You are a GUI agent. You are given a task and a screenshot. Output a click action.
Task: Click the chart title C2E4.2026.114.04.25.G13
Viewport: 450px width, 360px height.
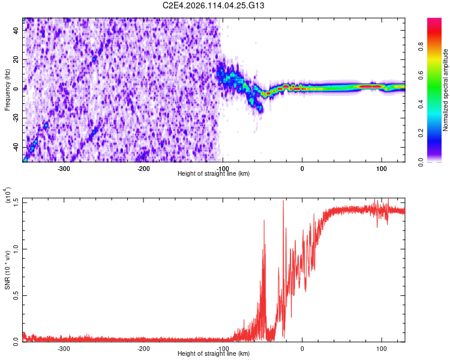pyautogui.click(x=214, y=5)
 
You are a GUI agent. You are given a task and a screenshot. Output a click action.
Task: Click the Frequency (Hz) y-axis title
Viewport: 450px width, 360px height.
pyautogui.click(x=8, y=90)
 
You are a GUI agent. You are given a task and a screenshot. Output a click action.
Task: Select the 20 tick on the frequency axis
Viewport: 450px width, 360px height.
pyautogui.click(x=17, y=59)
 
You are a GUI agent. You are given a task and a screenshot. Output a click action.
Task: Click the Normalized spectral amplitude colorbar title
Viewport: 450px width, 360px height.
pyautogui.click(x=446, y=90)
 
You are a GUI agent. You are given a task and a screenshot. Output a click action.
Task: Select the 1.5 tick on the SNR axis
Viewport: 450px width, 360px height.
pyautogui.click(x=17, y=200)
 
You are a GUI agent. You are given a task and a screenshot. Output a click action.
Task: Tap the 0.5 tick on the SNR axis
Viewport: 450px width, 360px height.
pyautogui.click(x=17, y=295)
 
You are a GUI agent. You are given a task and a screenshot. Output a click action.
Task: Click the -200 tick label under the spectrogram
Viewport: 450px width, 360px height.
pyautogui.click(x=143, y=169)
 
